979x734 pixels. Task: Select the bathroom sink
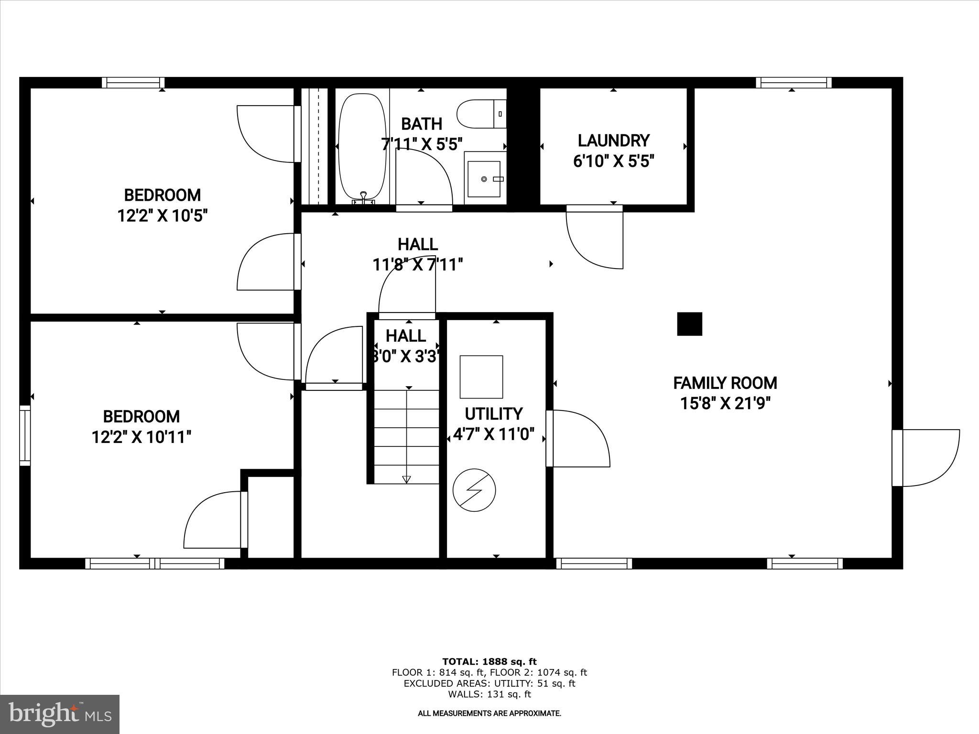click(x=484, y=179)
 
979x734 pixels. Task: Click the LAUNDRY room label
click(x=613, y=141)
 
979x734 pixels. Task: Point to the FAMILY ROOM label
click(x=725, y=383)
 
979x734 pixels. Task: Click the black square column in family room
click(x=689, y=324)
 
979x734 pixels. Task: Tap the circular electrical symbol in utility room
click(x=474, y=490)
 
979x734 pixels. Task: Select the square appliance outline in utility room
click(x=481, y=377)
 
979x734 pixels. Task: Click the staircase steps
click(x=406, y=435)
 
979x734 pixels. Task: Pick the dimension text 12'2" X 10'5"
click(x=163, y=216)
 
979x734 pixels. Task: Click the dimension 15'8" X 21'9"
click(x=725, y=404)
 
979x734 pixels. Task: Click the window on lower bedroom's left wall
click(x=25, y=435)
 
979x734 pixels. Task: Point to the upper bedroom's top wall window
click(x=133, y=83)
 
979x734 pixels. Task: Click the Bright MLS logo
click(x=60, y=714)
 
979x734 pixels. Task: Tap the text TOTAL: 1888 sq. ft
click(x=489, y=662)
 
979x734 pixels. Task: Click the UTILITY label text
click(x=493, y=414)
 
